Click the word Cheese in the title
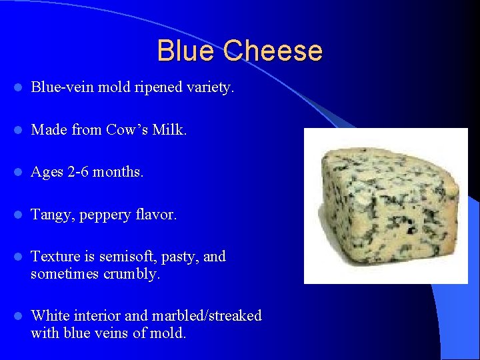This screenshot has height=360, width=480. click(x=273, y=51)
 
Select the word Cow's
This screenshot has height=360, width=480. click(x=127, y=129)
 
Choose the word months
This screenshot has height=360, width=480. click(x=117, y=172)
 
